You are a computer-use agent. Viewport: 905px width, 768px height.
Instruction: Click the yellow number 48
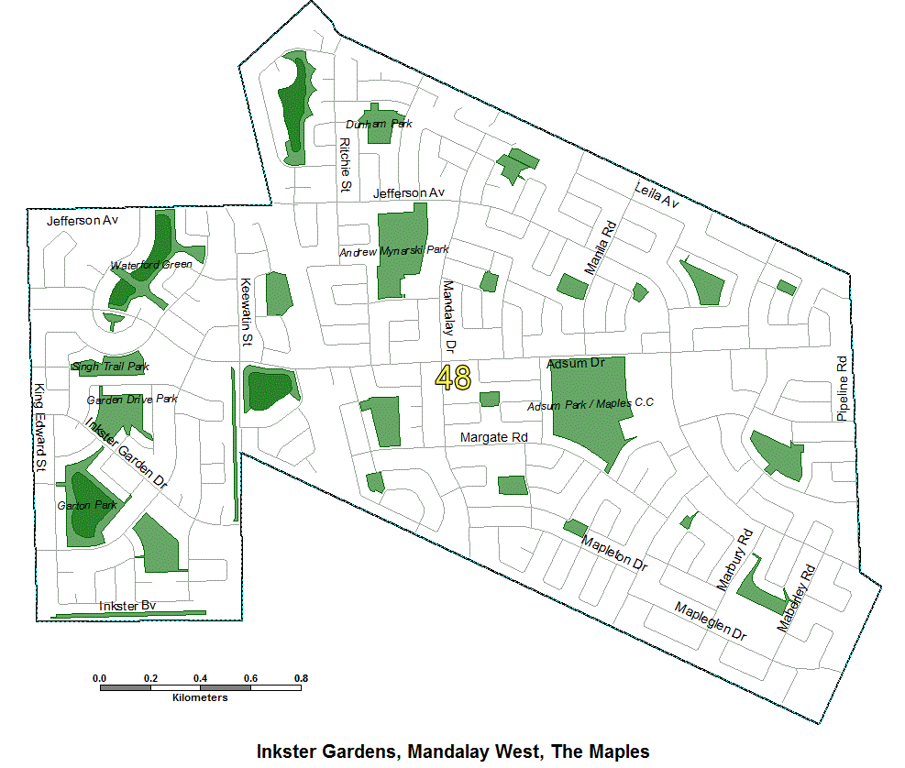coord(453,378)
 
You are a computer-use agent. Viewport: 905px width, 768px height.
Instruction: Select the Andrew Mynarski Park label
coord(394,250)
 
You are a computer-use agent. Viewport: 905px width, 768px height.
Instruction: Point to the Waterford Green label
coord(151,265)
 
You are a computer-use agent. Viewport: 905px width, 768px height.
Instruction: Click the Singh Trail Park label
coord(110,367)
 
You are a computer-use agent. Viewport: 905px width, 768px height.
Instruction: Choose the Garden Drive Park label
coord(132,400)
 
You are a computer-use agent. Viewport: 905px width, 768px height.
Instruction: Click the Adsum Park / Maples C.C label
coord(590,404)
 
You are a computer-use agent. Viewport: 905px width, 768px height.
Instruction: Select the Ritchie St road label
coord(346,165)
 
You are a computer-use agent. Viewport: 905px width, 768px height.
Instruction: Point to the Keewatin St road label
coord(246,312)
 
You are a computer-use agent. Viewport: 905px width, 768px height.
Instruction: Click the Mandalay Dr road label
coord(449,317)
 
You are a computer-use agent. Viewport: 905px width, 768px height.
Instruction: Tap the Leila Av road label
coord(657,193)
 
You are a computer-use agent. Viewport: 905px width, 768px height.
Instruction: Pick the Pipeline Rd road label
coord(842,387)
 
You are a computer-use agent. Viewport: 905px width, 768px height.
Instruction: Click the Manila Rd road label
coord(601,247)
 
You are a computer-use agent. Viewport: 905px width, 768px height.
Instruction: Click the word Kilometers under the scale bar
coord(200,697)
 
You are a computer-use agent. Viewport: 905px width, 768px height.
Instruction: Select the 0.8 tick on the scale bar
coord(299,677)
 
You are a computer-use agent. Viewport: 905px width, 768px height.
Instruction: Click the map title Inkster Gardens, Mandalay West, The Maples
coord(453,752)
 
